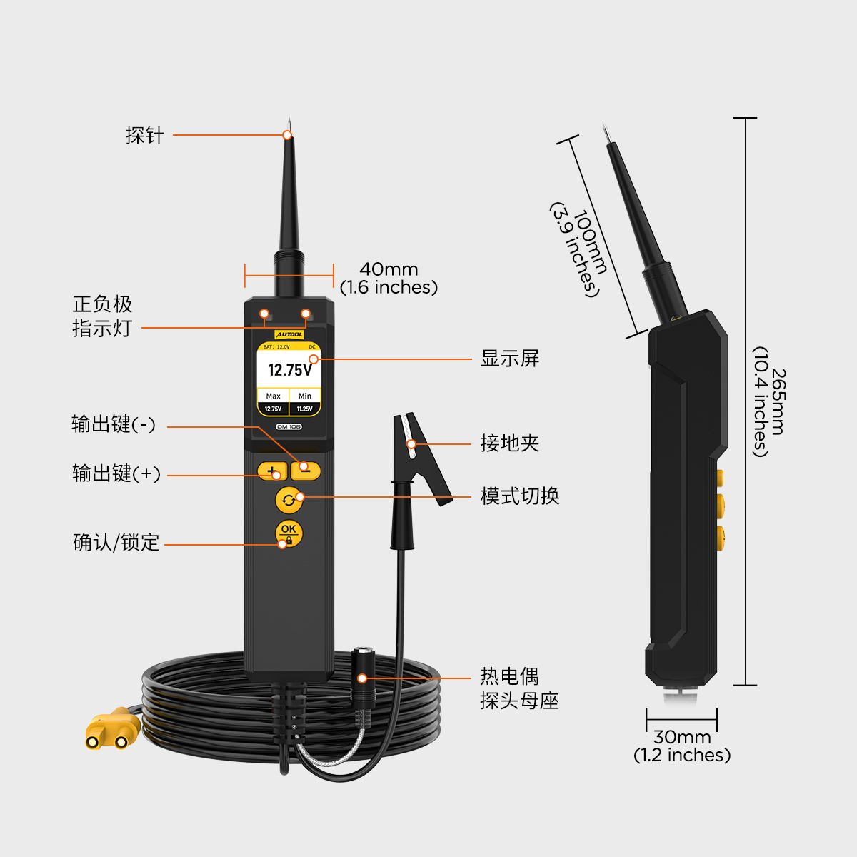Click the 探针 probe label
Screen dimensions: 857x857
(x=144, y=135)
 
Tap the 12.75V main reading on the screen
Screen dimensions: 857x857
(x=289, y=370)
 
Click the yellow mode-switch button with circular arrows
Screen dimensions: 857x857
(x=289, y=501)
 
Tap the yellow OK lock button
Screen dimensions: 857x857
(x=289, y=533)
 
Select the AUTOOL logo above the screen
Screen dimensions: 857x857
(x=289, y=334)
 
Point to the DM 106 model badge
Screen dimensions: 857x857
(x=289, y=426)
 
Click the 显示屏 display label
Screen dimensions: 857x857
(x=510, y=359)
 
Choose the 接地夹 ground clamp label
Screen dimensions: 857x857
(x=510, y=443)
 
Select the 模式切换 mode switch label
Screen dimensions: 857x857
(x=519, y=496)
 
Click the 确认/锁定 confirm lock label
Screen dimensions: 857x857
(x=116, y=542)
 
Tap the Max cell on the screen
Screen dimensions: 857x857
(x=273, y=401)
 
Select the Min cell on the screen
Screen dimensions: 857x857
(x=305, y=401)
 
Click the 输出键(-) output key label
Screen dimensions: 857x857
(x=114, y=424)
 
